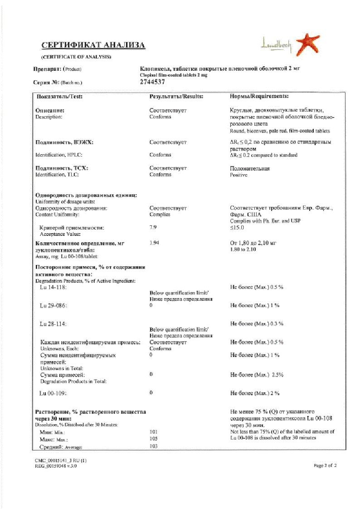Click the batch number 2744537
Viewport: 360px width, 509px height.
tap(152, 82)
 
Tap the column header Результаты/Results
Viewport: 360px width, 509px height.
tap(176, 97)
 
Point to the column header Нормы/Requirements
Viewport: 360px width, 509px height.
tap(259, 97)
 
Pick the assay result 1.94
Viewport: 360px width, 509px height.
tap(154, 243)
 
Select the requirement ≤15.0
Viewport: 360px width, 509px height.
tap(237, 228)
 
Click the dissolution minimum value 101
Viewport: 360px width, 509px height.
tap(153, 432)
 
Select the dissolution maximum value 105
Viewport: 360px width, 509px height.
tap(153, 440)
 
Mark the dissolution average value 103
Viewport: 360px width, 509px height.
tap(153, 447)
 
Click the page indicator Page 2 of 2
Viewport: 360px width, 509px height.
tap(326, 465)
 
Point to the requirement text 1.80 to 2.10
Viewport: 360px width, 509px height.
tap(244, 250)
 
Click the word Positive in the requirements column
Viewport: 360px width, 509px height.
tap(239, 175)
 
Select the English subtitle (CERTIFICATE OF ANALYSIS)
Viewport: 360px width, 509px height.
tap(76, 57)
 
